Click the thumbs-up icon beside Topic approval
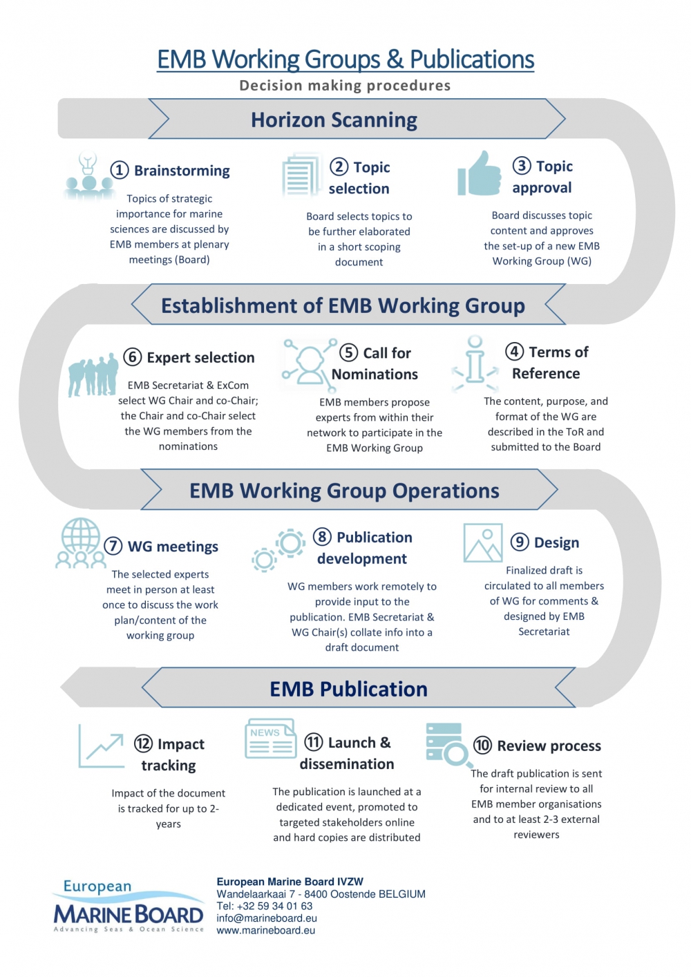[479, 173]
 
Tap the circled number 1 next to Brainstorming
[120, 170]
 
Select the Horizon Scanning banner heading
[334, 120]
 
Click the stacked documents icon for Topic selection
[301, 176]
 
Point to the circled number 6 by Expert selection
[133, 357]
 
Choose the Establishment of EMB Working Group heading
[343, 305]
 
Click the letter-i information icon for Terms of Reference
[475, 362]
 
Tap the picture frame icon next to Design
[482, 542]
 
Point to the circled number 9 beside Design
[520, 542]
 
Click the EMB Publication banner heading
[348, 689]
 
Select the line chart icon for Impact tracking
[101, 746]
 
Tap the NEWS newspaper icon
[270, 739]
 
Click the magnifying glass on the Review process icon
[455, 754]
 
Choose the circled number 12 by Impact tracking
[143, 743]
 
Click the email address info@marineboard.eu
[267, 918]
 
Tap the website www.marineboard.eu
[266, 931]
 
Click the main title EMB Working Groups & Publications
[345, 59]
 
